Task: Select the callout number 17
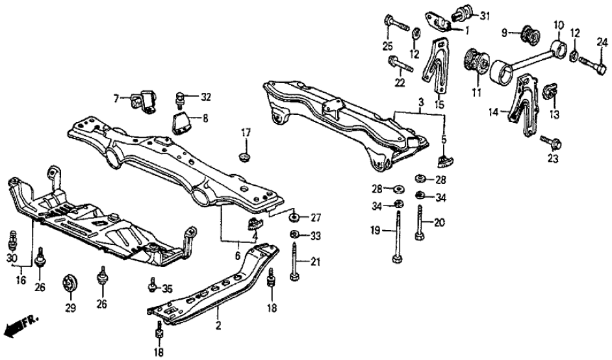pos(246,133)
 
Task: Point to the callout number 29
pos(69,305)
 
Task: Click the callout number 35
pos(167,288)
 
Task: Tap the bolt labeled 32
pos(180,98)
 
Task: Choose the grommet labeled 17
pos(246,157)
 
